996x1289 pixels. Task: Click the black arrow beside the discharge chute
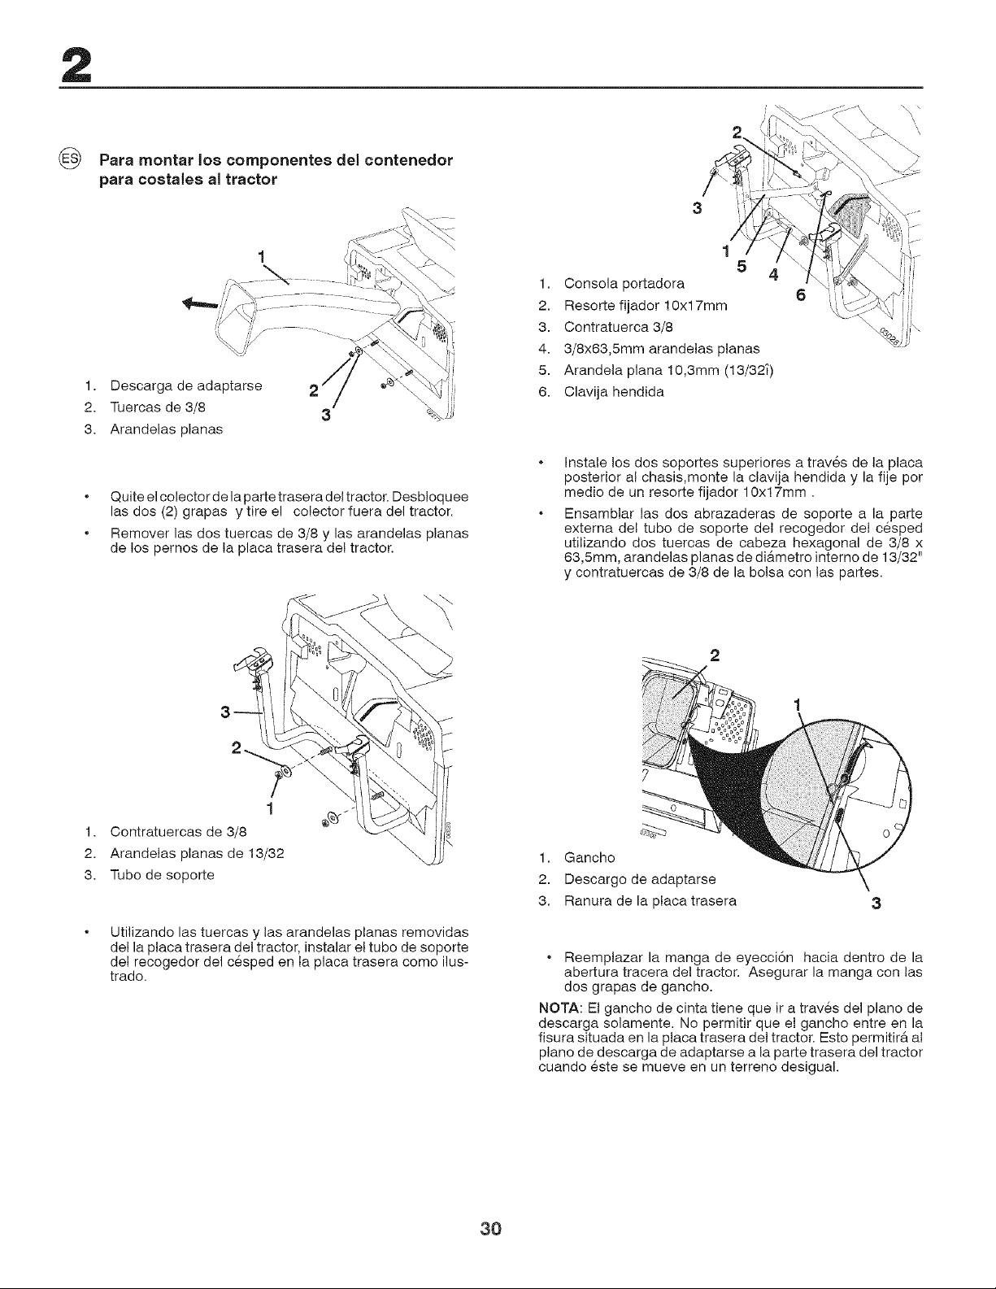click(201, 304)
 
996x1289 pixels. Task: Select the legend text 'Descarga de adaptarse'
click(186, 385)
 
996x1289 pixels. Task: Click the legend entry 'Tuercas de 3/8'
click(159, 407)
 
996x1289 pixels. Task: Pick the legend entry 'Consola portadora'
click(624, 283)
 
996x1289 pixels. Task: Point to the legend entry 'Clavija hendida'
click(614, 392)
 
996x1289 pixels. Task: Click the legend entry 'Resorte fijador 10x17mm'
click(646, 305)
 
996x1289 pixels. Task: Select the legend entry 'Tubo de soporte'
click(163, 875)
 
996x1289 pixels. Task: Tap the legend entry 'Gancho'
click(590, 858)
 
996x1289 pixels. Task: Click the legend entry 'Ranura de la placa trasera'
click(650, 901)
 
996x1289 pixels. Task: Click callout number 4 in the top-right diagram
click(772, 275)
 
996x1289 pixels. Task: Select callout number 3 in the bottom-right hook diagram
click(876, 904)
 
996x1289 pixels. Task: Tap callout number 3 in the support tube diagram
click(224, 712)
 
